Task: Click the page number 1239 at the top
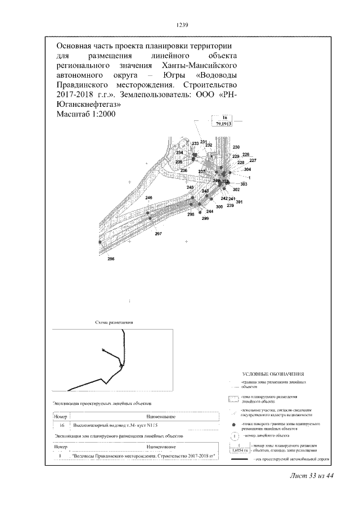(x=181, y=25)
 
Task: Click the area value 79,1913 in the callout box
(x=224, y=123)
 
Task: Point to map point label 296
(x=111, y=258)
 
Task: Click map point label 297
(x=158, y=233)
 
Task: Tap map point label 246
(x=148, y=198)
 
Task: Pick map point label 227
(x=253, y=160)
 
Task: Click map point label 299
(x=205, y=218)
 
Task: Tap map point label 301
(x=238, y=202)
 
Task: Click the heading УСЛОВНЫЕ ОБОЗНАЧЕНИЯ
(x=273, y=373)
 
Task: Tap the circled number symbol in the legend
(x=233, y=436)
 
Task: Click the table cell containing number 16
(x=59, y=426)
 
